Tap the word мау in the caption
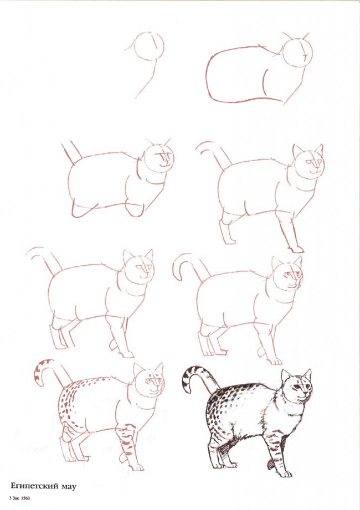coord(66,487)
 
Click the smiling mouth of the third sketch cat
coord(164,164)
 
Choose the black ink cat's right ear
coord(307,374)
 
